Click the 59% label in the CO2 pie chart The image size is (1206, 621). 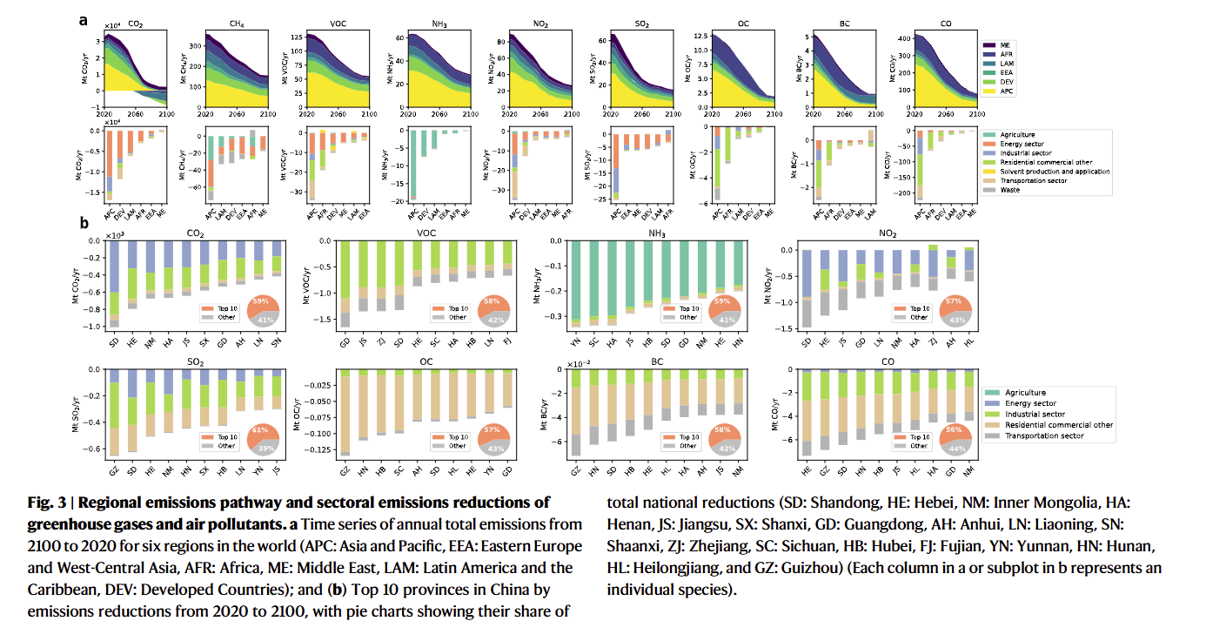point(260,300)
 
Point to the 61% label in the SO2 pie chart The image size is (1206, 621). point(260,429)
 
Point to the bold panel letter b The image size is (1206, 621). point(84,224)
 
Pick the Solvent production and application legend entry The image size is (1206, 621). point(1054,172)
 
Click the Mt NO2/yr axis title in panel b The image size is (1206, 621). point(767,284)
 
